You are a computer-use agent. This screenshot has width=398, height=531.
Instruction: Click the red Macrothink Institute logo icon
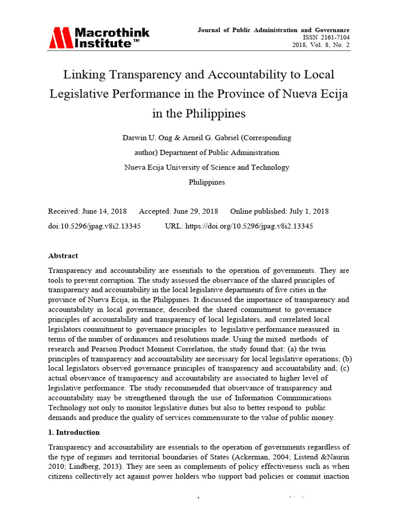coord(61,38)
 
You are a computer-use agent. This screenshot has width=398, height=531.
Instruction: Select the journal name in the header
coord(273,30)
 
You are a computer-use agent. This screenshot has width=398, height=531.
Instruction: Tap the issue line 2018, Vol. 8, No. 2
coord(321,46)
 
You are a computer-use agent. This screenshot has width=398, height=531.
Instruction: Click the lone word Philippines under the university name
coord(207,182)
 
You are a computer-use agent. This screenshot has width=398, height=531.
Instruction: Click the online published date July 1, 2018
coord(307,212)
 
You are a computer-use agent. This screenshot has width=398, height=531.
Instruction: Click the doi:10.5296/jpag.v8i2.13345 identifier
coord(94,226)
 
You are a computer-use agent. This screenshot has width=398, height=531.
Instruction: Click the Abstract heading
coord(63,256)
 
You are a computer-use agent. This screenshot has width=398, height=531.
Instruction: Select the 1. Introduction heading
coord(74,432)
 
